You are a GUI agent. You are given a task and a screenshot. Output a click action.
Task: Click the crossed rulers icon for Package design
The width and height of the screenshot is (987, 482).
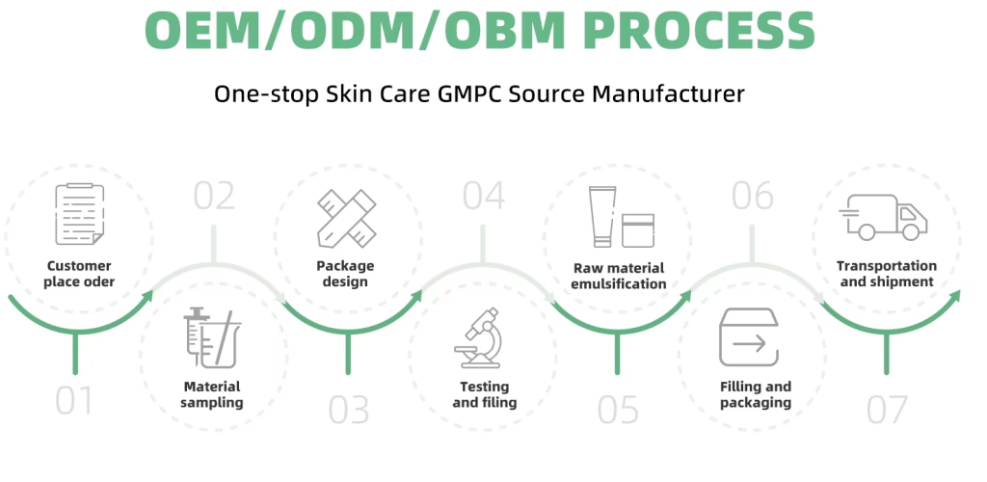click(x=346, y=217)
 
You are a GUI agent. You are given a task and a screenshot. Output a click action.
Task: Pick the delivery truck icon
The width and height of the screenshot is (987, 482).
click(x=883, y=217)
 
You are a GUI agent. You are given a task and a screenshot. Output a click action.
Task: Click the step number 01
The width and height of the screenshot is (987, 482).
click(x=74, y=402)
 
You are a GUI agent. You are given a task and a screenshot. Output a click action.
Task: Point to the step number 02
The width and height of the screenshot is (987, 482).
click(x=214, y=196)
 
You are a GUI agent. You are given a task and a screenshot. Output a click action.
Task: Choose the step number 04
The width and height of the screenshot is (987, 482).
click(x=484, y=196)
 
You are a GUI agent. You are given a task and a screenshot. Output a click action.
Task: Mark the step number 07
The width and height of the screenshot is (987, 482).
click(x=887, y=410)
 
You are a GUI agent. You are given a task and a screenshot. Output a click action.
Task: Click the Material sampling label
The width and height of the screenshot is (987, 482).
click(x=212, y=394)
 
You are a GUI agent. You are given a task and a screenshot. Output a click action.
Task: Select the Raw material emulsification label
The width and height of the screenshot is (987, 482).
click(x=618, y=276)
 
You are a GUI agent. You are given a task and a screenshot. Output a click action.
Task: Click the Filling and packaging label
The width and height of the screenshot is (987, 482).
click(x=755, y=394)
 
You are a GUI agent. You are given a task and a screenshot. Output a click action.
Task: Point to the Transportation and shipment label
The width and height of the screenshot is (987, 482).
click(x=886, y=274)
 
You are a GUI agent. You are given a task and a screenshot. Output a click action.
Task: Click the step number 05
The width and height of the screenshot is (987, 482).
click(x=618, y=410)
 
